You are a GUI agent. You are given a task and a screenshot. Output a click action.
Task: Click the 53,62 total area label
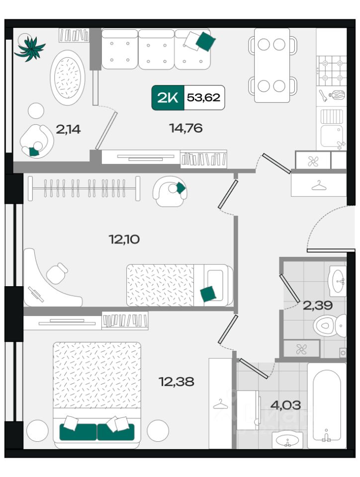203,97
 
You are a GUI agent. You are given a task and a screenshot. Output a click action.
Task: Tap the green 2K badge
168,97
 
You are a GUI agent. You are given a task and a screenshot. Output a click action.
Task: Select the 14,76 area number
186,128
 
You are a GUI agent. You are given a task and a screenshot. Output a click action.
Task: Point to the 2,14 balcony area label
68,129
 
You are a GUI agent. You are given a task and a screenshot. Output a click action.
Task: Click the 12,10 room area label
124,239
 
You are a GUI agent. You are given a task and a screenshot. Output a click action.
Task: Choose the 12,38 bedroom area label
177,381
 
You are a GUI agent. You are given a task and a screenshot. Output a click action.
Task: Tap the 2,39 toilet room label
318,305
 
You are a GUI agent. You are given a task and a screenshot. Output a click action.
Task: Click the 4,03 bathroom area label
285,405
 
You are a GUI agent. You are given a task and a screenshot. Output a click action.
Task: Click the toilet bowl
330,325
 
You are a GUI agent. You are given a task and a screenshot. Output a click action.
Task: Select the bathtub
327,405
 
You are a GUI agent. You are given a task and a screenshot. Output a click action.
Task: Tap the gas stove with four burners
331,71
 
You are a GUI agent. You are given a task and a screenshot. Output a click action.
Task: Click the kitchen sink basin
331,136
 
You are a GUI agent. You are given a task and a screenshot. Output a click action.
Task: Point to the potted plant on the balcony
29,48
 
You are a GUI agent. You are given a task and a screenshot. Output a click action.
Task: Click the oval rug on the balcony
68,78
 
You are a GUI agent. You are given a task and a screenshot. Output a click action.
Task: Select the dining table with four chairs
272,65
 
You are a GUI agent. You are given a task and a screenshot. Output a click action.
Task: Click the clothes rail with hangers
84,188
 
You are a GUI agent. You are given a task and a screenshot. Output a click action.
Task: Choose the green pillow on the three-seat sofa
205,41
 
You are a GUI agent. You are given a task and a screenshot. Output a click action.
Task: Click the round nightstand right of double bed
158,431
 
